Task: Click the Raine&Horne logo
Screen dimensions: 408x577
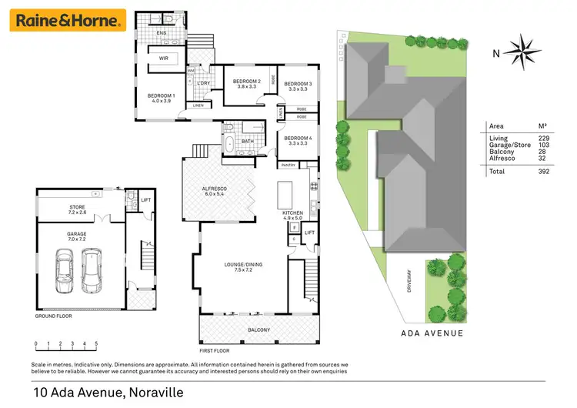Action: point(66,20)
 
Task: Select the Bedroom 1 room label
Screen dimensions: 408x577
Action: point(162,99)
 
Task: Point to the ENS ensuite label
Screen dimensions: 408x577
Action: point(162,34)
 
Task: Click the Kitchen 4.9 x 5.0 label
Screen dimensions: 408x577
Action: point(292,216)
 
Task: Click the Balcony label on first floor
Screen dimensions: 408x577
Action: point(258,330)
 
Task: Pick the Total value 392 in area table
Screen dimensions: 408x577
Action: point(545,172)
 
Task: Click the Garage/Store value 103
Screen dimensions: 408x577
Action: point(545,145)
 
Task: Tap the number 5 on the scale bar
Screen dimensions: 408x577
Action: point(96,345)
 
